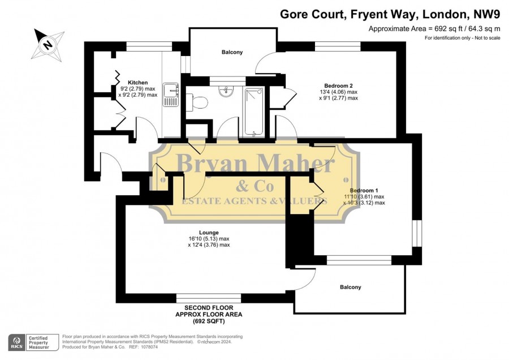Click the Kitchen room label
[x=137, y=83]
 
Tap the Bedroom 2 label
[x=338, y=86]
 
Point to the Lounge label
[x=209, y=233]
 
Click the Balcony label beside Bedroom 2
[x=232, y=52]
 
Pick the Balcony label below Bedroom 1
[x=351, y=287]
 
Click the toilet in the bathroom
[x=197, y=102]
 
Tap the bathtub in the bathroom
[x=254, y=112]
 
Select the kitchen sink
[x=171, y=95]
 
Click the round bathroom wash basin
[x=226, y=91]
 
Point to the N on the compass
[x=48, y=44]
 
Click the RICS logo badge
[x=17, y=342]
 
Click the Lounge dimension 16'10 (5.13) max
[x=209, y=239]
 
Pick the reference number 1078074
[x=148, y=347]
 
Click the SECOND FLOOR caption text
[x=209, y=308]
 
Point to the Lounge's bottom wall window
[x=209, y=298]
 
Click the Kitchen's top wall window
[x=149, y=46]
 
